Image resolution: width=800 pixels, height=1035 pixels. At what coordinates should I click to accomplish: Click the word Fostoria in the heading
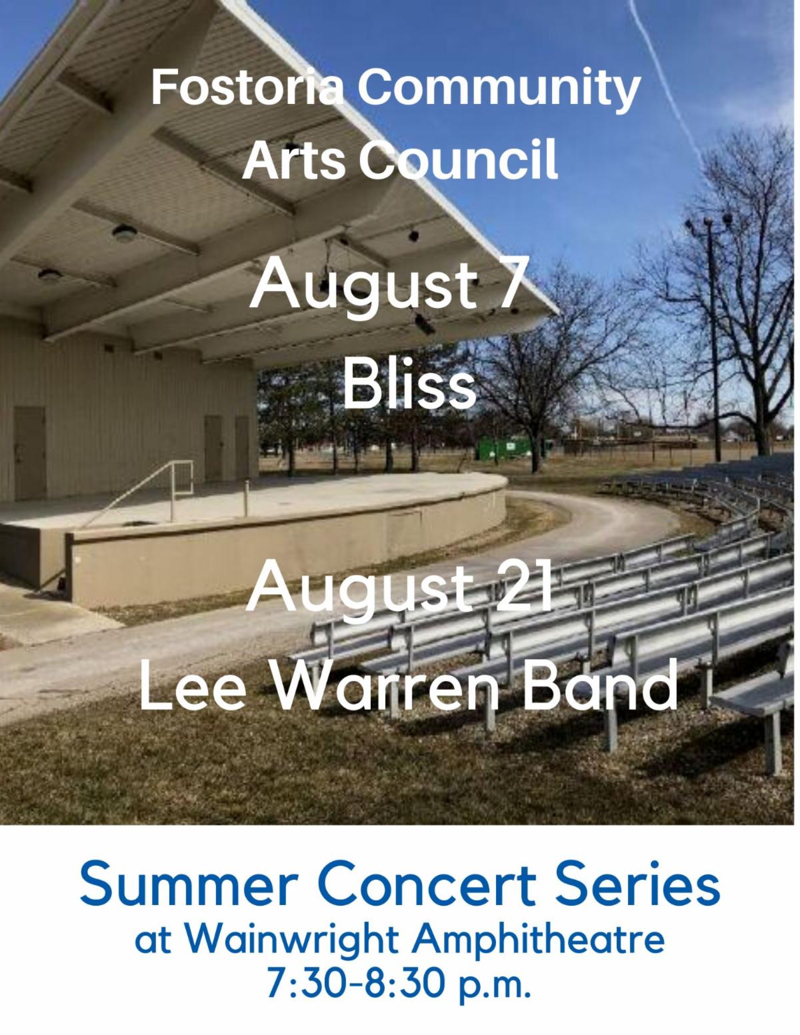[x=247, y=89]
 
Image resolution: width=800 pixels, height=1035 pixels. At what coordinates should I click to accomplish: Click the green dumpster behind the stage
[x=503, y=448]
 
